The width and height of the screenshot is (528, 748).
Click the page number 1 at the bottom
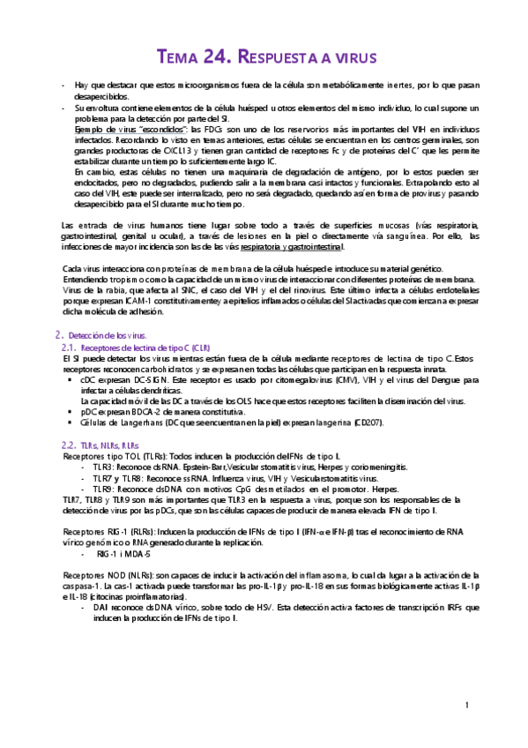(x=467, y=706)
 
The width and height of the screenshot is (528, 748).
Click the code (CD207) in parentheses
(x=366, y=423)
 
